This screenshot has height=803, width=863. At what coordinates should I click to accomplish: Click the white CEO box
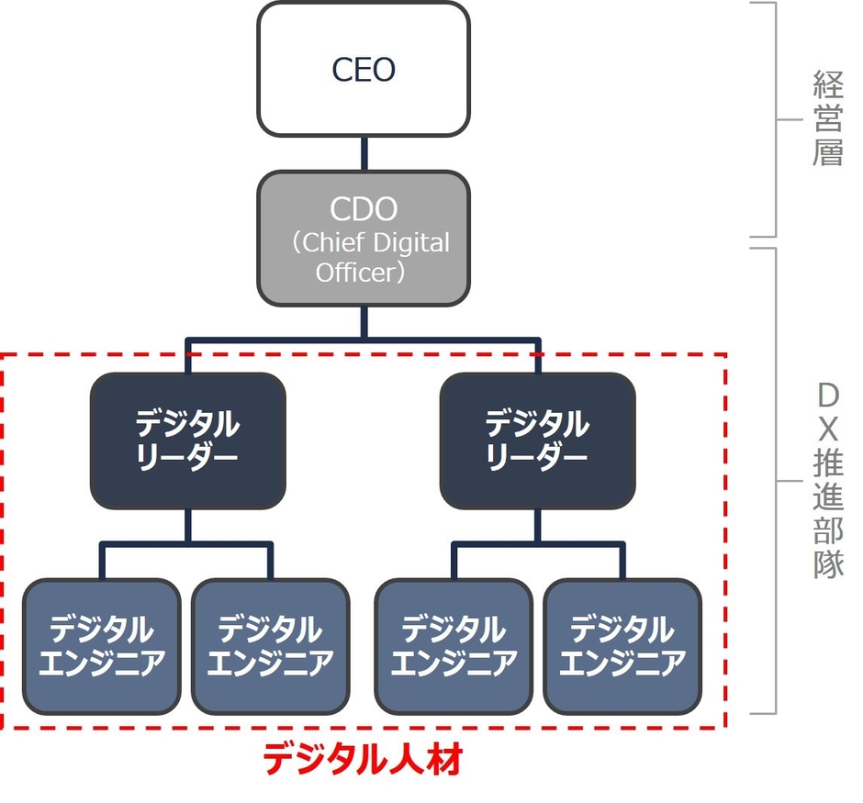(364, 70)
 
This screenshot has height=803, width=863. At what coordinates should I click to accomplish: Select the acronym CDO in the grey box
(364, 209)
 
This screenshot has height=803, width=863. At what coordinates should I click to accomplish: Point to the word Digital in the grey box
(413, 243)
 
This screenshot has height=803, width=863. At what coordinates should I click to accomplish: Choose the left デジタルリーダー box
(187, 441)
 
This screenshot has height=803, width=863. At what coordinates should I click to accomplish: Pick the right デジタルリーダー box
(537, 441)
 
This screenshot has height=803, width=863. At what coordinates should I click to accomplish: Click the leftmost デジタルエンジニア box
(101, 646)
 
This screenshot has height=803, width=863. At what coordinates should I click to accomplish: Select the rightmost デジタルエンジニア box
(622, 646)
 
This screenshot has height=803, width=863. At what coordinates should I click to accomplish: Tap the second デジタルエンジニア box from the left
(270, 646)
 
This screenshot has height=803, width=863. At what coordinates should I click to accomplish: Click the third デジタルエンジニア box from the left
(454, 646)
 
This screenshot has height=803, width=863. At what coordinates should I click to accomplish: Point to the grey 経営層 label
(827, 119)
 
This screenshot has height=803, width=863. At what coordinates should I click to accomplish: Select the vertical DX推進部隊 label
(827, 481)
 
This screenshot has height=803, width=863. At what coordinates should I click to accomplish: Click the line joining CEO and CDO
(364, 153)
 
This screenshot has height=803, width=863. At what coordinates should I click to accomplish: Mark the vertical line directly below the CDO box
(364, 321)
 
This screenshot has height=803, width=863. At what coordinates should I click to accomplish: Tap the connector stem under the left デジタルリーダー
(187, 526)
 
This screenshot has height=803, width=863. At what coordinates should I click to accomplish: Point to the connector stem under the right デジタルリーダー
(537, 526)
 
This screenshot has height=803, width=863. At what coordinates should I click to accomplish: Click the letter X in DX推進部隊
(827, 429)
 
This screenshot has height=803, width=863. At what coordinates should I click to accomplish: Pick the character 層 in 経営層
(827, 152)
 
